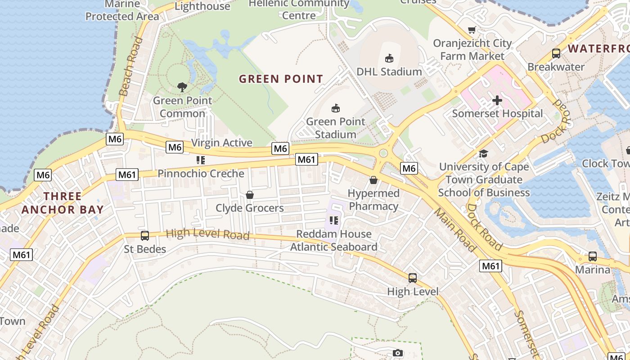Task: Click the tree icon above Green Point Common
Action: (x=182, y=87)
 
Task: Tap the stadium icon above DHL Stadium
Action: (x=389, y=58)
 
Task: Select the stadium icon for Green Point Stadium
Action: (x=336, y=108)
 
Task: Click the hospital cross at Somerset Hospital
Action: (x=497, y=100)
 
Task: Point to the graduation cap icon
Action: (x=484, y=153)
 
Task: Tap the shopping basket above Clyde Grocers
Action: (x=250, y=195)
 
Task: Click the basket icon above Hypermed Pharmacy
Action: (x=373, y=180)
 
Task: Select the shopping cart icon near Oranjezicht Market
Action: (x=472, y=30)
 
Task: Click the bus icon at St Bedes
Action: (x=145, y=236)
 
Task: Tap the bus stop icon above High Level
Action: (x=413, y=278)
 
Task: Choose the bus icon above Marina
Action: (x=593, y=256)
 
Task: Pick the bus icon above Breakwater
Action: (x=556, y=54)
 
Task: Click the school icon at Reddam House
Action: (x=333, y=220)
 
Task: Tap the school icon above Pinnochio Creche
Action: (x=201, y=160)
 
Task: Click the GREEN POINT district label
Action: (x=281, y=79)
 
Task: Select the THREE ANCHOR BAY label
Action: (x=63, y=203)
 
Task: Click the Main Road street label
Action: (x=455, y=230)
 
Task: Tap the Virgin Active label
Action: (x=221, y=143)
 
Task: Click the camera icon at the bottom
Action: (x=397, y=353)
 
